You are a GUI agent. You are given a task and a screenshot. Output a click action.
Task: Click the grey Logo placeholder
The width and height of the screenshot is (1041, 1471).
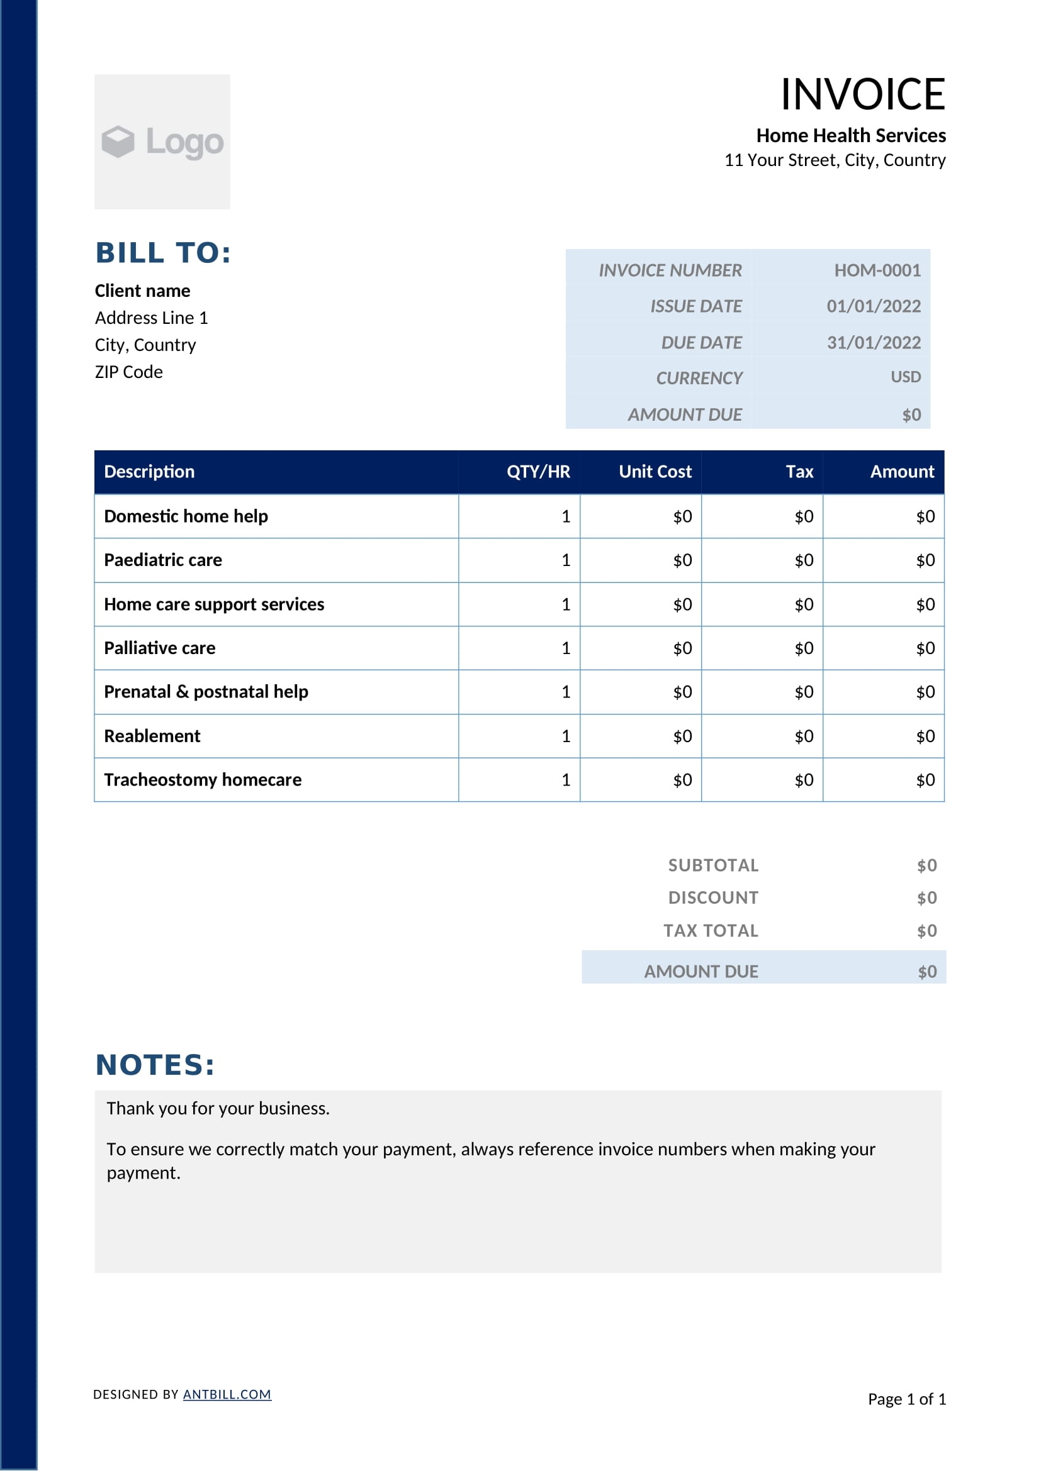tap(162, 142)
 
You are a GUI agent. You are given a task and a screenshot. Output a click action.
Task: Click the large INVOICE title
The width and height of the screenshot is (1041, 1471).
tap(862, 94)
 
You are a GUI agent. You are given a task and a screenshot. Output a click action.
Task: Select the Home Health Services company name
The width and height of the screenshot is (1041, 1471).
tap(851, 136)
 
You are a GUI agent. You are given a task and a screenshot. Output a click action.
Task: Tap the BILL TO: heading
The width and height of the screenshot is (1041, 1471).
tap(163, 252)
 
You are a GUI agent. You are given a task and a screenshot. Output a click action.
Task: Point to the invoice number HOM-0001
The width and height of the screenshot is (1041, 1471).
tap(877, 270)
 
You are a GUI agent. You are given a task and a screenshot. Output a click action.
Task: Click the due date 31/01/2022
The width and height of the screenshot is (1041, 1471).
tap(873, 343)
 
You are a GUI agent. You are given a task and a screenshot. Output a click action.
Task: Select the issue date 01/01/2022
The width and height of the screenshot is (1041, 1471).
tap(873, 306)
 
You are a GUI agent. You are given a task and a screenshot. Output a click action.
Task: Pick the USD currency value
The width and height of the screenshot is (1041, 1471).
tap(905, 377)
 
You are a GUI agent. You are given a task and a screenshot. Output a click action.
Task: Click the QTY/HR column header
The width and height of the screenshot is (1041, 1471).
tap(537, 472)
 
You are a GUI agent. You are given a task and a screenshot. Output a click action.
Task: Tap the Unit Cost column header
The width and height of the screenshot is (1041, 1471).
tap(655, 472)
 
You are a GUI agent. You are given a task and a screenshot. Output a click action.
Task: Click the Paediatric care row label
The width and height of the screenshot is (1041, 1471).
tap(163, 560)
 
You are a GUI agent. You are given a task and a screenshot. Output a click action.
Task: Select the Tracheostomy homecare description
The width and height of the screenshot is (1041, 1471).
tap(203, 780)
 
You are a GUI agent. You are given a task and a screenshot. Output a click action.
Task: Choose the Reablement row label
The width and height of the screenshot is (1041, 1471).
tap(152, 736)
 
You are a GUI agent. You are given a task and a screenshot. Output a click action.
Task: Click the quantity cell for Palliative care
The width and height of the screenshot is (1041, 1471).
tap(565, 648)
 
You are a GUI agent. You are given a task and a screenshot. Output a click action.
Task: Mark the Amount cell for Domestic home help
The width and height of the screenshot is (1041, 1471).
tap(925, 516)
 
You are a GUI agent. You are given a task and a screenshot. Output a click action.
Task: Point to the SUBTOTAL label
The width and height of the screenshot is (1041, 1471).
tap(713, 865)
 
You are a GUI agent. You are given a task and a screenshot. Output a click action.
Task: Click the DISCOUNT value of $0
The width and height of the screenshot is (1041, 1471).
tap(926, 898)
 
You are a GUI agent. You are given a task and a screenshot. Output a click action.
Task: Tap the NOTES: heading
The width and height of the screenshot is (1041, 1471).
tap(155, 1065)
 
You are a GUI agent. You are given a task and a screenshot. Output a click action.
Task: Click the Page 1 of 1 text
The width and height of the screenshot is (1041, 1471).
tap(906, 1399)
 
